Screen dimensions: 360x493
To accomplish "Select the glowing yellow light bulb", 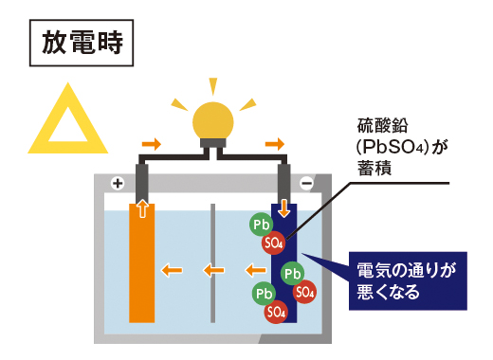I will click(213, 120).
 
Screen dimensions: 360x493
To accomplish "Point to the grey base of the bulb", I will click(213, 148).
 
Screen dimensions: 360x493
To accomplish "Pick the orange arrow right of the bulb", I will click(274, 144).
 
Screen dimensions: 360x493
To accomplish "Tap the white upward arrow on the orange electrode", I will click(141, 208).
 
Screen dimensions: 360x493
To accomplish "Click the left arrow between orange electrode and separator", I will click(172, 270).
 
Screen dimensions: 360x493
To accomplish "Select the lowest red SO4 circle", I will click(276, 310).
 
